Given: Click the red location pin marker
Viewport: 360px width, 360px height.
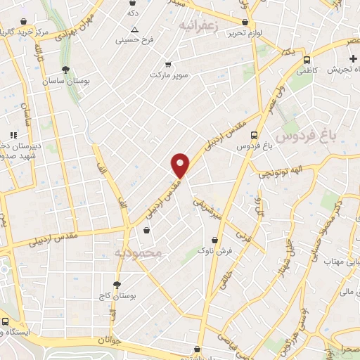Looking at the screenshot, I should [181, 165].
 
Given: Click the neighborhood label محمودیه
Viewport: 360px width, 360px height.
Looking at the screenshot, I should [138, 252].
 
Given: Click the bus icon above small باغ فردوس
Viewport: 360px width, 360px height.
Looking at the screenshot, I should [254, 135].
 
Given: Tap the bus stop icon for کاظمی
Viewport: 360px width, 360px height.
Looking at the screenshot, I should [307, 60].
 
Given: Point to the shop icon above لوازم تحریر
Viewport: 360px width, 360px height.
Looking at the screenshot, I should [245, 22].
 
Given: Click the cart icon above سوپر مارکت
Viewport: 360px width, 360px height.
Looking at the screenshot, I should [167, 63].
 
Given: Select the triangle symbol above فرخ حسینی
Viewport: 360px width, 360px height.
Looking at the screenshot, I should [134, 30].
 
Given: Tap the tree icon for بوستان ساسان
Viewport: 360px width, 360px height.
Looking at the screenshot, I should [65, 70].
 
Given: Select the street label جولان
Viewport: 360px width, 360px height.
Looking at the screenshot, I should [110, 340].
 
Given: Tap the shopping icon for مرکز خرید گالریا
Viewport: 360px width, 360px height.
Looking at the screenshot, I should [25, 21].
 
